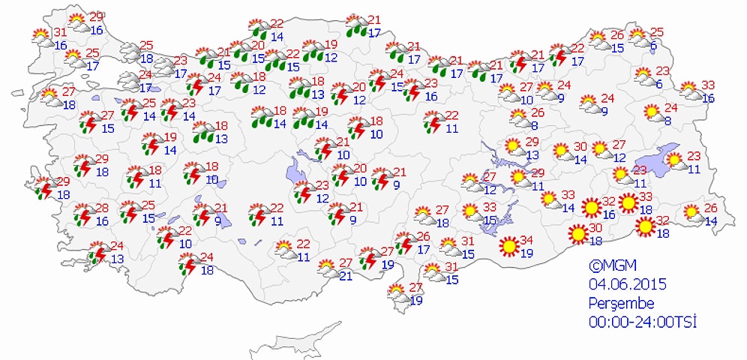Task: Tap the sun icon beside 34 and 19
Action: pyautogui.click(x=509, y=245)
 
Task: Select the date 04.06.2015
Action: pyautogui.click(x=627, y=284)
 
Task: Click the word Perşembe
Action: pyautogui.click(x=622, y=303)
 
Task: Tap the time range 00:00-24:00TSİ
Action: pyautogui.click(x=642, y=322)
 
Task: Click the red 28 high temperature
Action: pyautogui.click(x=103, y=208)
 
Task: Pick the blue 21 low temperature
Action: pyautogui.click(x=346, y=275)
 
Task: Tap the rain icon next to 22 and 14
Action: pyautogui.click(x=260, y=29)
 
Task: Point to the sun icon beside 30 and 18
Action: pyautogui.click(x=577, y=235)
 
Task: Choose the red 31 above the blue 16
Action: pyautogui.click(x=60, y=32)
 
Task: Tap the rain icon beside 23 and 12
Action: pyautogui.click(x=303, y=192)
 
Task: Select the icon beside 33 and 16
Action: pyautogui.click(x=689, y=91)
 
